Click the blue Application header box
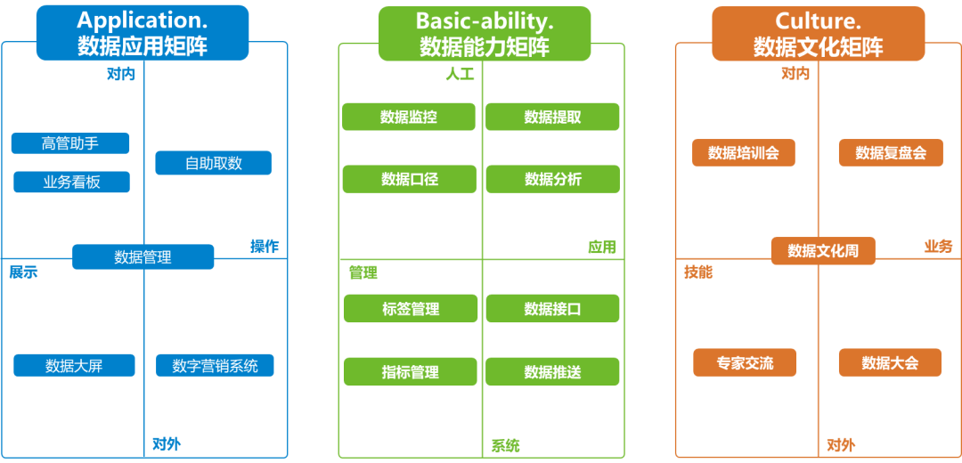(x=143, y=33)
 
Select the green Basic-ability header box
(x=484, y=34)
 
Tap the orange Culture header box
(x=818, y=34)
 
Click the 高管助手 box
(x=70, y=143)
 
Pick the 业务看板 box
(x=71, y=183)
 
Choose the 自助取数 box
(x=213, y=163)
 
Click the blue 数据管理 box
(x=143, y=257)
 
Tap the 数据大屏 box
(x=74, y=365)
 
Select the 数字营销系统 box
(x=215, y=365)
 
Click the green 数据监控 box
(x=409, y=117)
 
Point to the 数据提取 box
(x=552, y=117)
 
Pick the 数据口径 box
(x=409, y=179)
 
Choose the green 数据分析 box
(x=552, y=179)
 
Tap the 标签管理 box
(x=411, y=309)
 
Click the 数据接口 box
(x=552, y=309)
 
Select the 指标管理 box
(x=411, y=371)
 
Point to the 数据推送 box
(x=552, y=371)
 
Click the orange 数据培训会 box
(x=743, y=152)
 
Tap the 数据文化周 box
(x=823, y=250)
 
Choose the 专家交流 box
(x=745, y=362)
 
